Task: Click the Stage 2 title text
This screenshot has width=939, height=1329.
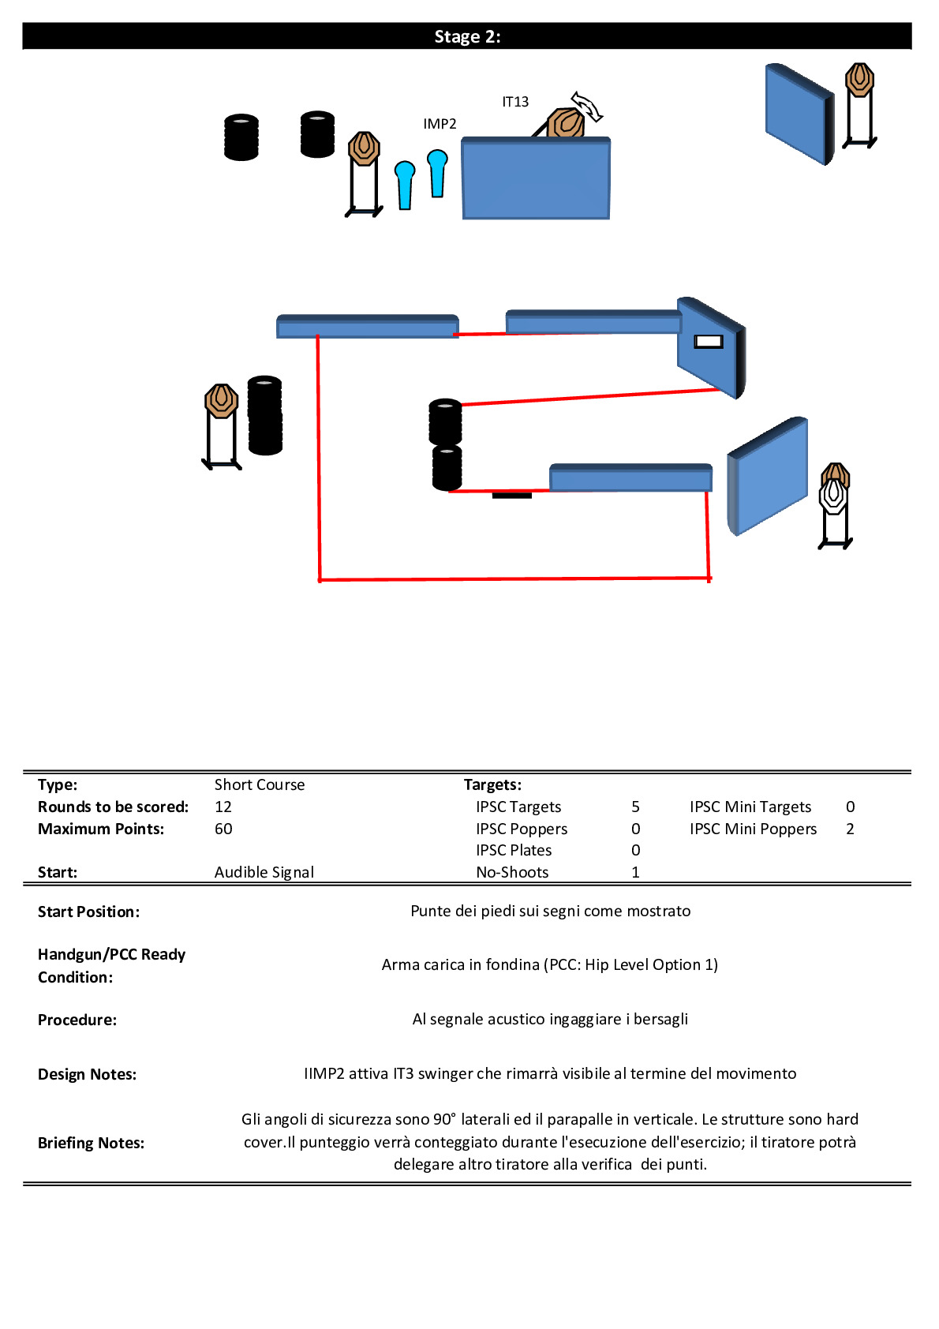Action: tap(467, 36)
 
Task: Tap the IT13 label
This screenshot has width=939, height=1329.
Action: tap(515, 102)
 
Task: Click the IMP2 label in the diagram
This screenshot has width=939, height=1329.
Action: tap(440, 124)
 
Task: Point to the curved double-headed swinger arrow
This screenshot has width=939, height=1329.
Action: tap(587, 106)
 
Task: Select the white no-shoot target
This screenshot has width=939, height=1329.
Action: tap(832, 497)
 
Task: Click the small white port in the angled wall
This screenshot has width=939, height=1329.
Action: tap(708, 342)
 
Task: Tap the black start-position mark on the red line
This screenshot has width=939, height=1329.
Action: tap(512, 495)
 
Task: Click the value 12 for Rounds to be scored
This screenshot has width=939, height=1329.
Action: tap(223, 807)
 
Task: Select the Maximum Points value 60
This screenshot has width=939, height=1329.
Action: tap(223, 829)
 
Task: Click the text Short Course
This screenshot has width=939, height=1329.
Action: tap(260, 784)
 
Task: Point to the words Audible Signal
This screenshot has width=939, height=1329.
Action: tap(264, 872)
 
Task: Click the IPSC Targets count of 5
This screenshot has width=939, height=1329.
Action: tap(635, 807)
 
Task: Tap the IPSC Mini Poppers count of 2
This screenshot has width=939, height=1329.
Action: tap(850, 829)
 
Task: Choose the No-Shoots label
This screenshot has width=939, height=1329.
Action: tap(512, 872)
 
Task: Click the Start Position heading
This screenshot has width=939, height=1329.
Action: tap(88, 912)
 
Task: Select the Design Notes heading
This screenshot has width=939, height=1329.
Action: tap(87, 1074)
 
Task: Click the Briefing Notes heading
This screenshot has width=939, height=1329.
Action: tap(91, 1143)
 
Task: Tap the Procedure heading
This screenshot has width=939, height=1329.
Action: tap(77, 1020)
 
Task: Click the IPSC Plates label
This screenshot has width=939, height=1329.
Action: tap(514, 850)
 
